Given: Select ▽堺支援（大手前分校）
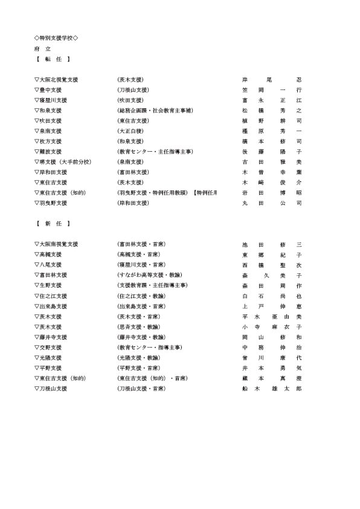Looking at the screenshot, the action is coord(63,161).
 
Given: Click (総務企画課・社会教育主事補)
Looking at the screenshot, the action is coord(155,110).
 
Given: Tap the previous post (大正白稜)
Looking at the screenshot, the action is coord(131,131).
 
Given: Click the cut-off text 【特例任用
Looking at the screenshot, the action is coord(205,192).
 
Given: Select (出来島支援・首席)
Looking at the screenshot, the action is coord(142,306).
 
